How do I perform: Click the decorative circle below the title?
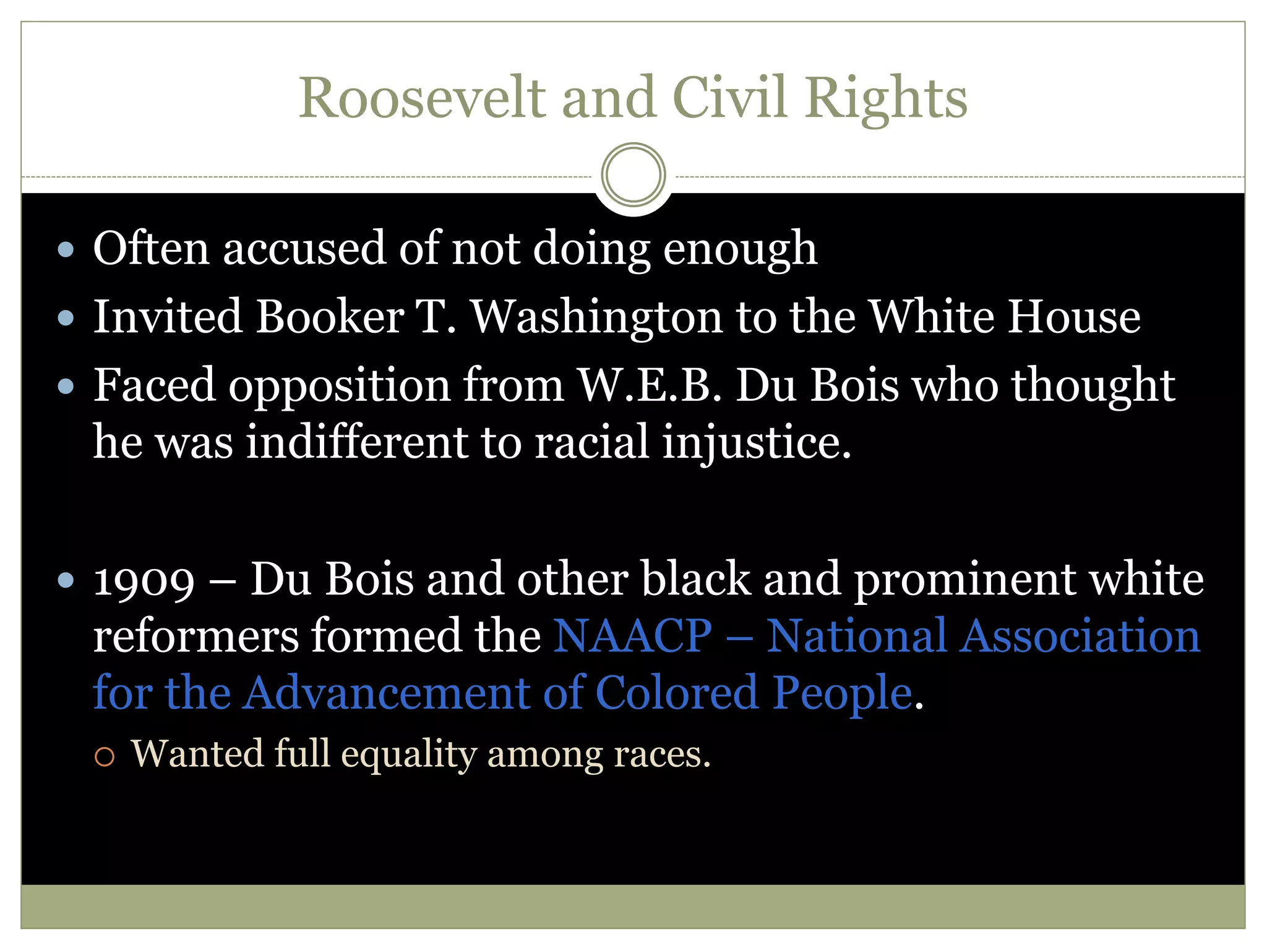633,174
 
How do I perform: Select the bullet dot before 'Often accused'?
66,250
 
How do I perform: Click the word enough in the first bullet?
740,249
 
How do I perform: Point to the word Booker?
330,317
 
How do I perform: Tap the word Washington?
596,317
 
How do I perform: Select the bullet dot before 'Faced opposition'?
66,387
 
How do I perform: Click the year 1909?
144,581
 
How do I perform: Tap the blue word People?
843,693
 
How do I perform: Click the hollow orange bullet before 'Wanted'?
105,756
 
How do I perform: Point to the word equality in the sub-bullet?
408,755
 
